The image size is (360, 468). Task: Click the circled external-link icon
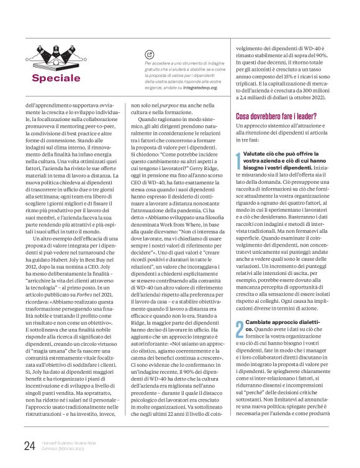148,55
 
